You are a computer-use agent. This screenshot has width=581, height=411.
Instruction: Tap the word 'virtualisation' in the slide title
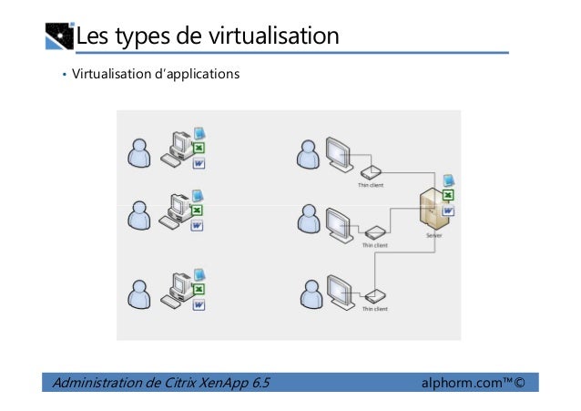(x=274, y=37)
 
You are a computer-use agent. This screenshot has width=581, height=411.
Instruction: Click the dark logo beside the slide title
(x=58, y=37)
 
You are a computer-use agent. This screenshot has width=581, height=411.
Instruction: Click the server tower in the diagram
(x=429, y=209)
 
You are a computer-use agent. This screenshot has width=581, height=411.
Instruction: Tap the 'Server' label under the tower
(x=433, y=235)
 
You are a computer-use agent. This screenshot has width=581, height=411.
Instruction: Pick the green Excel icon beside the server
(x=448, y=196)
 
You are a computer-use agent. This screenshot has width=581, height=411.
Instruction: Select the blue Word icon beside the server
(x=448, y=211)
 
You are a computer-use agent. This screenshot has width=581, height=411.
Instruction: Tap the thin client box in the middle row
(x=373, y=231)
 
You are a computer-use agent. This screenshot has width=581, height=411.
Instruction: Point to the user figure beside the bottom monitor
(x=310, y=293)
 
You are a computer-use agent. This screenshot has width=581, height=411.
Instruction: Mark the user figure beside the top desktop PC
(x=138, y=152)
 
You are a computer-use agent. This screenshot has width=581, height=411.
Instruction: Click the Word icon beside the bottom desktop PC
(x=198, y=306)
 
